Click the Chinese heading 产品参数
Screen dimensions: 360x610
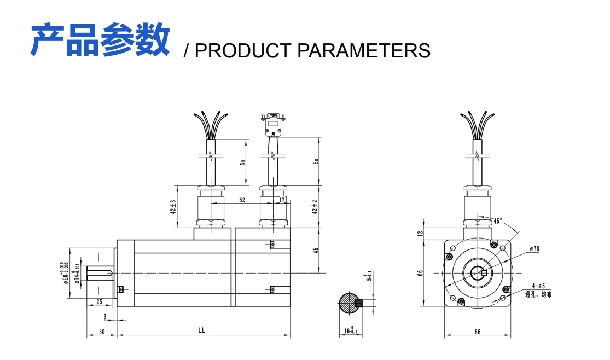click(100, 39)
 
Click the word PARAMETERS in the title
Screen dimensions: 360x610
click(364, 50)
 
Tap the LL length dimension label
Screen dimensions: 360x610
click(201, 331)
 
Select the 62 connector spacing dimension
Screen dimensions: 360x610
click(242, 200)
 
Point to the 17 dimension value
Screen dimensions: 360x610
click(282, 200)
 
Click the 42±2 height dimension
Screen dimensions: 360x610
click(315, 207)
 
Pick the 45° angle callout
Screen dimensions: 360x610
click(497, 222)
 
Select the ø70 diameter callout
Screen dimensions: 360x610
click(535, 249)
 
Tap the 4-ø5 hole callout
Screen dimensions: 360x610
click(538, 286)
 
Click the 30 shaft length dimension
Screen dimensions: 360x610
click(102, 331)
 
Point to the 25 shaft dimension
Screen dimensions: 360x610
click(99, 302)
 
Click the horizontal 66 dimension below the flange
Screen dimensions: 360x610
click(477, 332)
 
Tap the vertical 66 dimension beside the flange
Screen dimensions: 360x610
click(421, 272)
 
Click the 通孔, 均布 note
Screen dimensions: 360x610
click(538, 294)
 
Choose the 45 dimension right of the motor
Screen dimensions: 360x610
click(315, 250)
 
